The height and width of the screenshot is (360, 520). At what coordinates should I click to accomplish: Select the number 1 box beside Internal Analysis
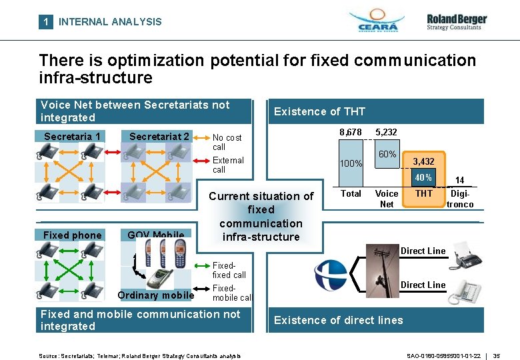(45, 21)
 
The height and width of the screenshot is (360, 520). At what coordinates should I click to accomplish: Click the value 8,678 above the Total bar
(351, 133)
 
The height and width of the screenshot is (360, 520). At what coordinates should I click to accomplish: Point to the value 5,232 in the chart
(387, 133)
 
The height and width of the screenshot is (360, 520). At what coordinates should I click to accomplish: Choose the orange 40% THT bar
(423, 178)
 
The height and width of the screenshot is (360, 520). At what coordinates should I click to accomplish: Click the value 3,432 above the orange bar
(424, 162)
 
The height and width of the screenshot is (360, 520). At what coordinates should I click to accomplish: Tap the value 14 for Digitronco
(459, 180)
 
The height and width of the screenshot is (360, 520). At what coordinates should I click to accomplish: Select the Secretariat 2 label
(159, 137)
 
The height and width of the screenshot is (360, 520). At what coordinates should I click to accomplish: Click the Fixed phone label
(73, 235)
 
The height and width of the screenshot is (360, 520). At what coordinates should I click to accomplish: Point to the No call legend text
(227, 142)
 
